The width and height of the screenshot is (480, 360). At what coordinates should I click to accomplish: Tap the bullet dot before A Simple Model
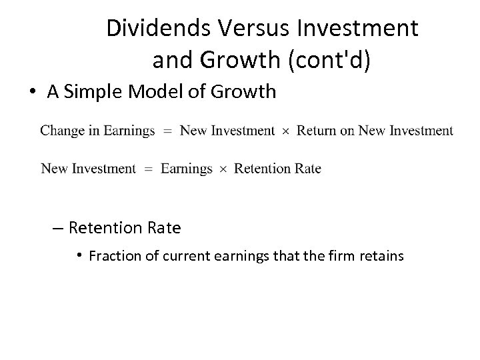[x=33, y=92]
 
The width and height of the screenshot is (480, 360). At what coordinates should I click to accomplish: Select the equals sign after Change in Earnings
[x=167, y=131]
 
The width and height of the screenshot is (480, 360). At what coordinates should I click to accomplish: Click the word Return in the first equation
[x=317, y=131]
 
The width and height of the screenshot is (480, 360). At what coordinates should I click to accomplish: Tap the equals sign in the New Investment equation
[x=149, y=169]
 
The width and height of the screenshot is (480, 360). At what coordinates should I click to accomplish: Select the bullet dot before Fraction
[x=79, y=255]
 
